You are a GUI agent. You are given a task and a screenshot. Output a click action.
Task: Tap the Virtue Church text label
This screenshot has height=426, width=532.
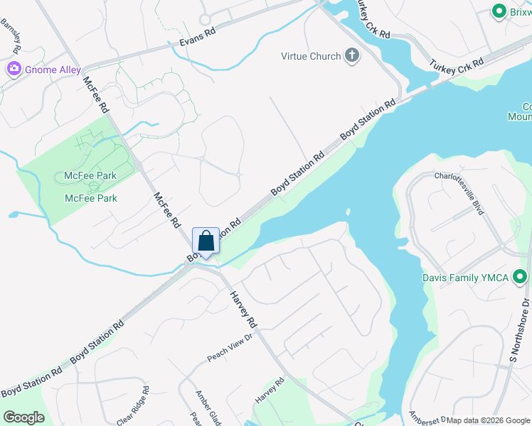point(311,56)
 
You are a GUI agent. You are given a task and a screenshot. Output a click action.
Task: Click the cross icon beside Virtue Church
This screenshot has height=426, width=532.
point(351,56)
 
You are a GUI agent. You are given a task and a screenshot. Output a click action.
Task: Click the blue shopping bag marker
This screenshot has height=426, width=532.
point(206,241)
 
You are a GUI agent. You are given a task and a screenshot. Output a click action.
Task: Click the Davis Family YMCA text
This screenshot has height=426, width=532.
point(465,278)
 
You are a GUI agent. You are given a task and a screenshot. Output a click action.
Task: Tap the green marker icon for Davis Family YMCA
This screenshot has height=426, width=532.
point(521,277)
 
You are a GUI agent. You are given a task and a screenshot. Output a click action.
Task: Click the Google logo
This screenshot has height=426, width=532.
point(23,417)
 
